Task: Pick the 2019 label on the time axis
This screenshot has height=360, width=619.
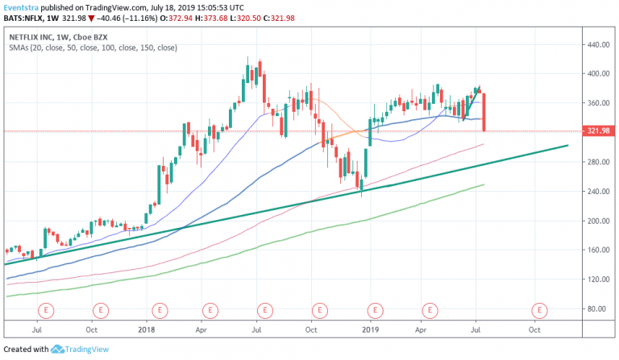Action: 370,329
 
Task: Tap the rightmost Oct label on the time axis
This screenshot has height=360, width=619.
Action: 534,329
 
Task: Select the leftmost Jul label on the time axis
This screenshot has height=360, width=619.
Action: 37,329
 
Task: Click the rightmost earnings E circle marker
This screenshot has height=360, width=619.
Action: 538,309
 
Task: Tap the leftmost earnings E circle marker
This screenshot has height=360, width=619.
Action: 47,309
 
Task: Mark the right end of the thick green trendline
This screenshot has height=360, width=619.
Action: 567,146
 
